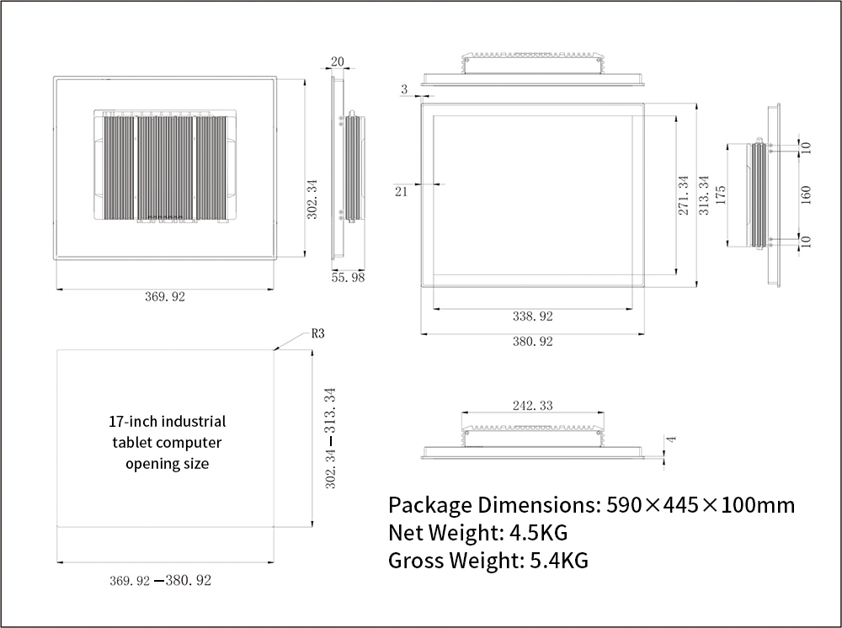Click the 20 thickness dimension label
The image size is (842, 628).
click(x=338, y=61)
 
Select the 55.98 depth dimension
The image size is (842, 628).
click(x=348, y=278)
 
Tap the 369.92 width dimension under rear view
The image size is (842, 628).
click(x=165, y=297)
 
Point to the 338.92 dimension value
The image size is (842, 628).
click(x=533, y=317)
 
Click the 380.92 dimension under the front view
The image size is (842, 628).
click(x=533, y=342)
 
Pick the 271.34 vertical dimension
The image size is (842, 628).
click(x=683, y=195)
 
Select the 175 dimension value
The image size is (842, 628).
click(x=721, y=194)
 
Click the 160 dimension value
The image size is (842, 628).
click(x=806, y=194)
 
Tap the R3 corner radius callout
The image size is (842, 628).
click(x=318, y=334)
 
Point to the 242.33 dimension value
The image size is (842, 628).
click(x=533, y=406)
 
